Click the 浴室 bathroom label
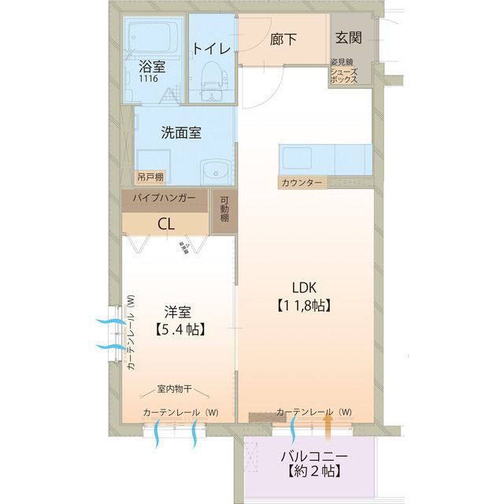pyautogui.click(x=151, y=67)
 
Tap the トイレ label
pyautogui.click(x=211, y=48)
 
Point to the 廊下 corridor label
pyautogui.click(x=283, y=38)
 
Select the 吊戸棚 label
pyautogui.click(x=150, y=177)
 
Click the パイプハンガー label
pyautogui.click(x=165, y=198)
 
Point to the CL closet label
pyautogui.click(x=165, y=223)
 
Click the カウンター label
pyautogui.click(x=301, y=183)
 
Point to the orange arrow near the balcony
pyautogui.click(x=328, y=425)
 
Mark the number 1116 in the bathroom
pyautogui.click(x=147, y=80)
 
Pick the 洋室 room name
pyautogui.click(x=179, y=312)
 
